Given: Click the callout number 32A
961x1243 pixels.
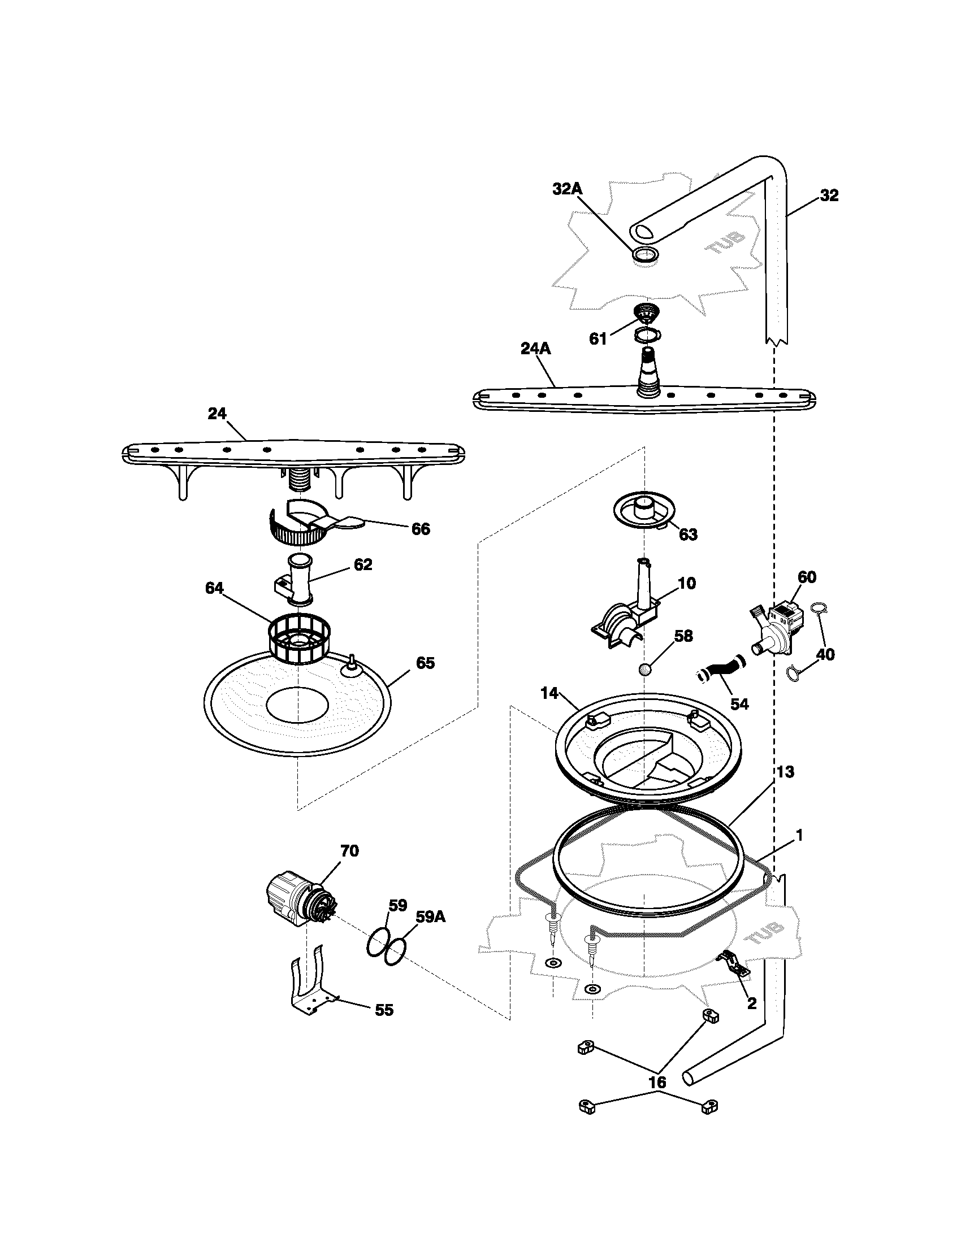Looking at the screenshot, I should pyautogui.click(x=567, y=189).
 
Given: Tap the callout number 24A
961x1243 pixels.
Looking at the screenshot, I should pyautogui.click(x=536, y=348).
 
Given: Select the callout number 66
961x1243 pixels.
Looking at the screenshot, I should pyautogui.click(x=421, y=529).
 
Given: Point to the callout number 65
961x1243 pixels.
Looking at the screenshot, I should pyautogui.click(x=425, y=663).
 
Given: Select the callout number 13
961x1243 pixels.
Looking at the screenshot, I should pyautogui.click(x=785, y=772).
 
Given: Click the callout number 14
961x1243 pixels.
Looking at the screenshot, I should pyautogui.click(x=549, y=693).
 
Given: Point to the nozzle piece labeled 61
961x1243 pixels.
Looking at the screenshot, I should pyautogui.click(x=644, y=314).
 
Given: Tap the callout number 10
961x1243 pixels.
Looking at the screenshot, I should pyautogui.click(x=687, y=583).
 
